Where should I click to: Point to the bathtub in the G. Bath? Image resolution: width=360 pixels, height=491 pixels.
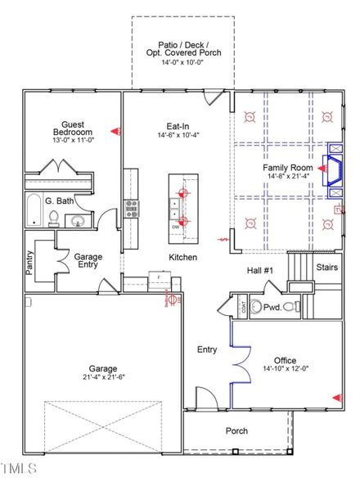point(34,210)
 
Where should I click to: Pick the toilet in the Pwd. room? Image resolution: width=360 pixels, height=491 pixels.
point(256,308)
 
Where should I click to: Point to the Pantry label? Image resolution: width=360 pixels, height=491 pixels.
point(29,262)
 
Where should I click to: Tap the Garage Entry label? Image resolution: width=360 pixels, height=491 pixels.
point(88,260)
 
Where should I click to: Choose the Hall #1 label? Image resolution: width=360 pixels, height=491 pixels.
point(260,271)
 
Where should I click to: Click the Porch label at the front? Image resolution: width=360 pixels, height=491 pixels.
point(236,430)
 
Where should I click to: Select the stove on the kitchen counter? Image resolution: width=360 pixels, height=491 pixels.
point(131,207)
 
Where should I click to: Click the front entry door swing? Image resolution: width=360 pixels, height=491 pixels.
point(206,399)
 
